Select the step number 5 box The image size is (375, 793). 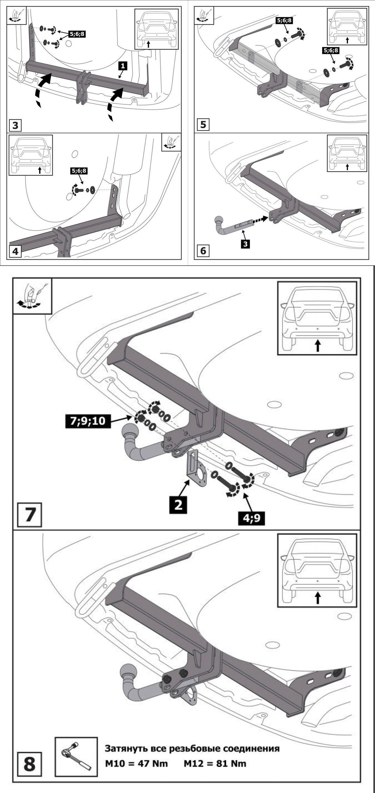[x=203, y=125]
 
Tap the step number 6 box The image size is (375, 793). [x=203, y=251]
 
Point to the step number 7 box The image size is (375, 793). [x=30, y=515]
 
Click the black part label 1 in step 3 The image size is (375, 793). [x=123, y=66]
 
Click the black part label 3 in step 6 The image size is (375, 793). [x=245, y=244]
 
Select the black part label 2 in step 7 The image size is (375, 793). [x=178, y=505]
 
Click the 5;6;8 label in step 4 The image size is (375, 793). [x=79, y=171]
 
